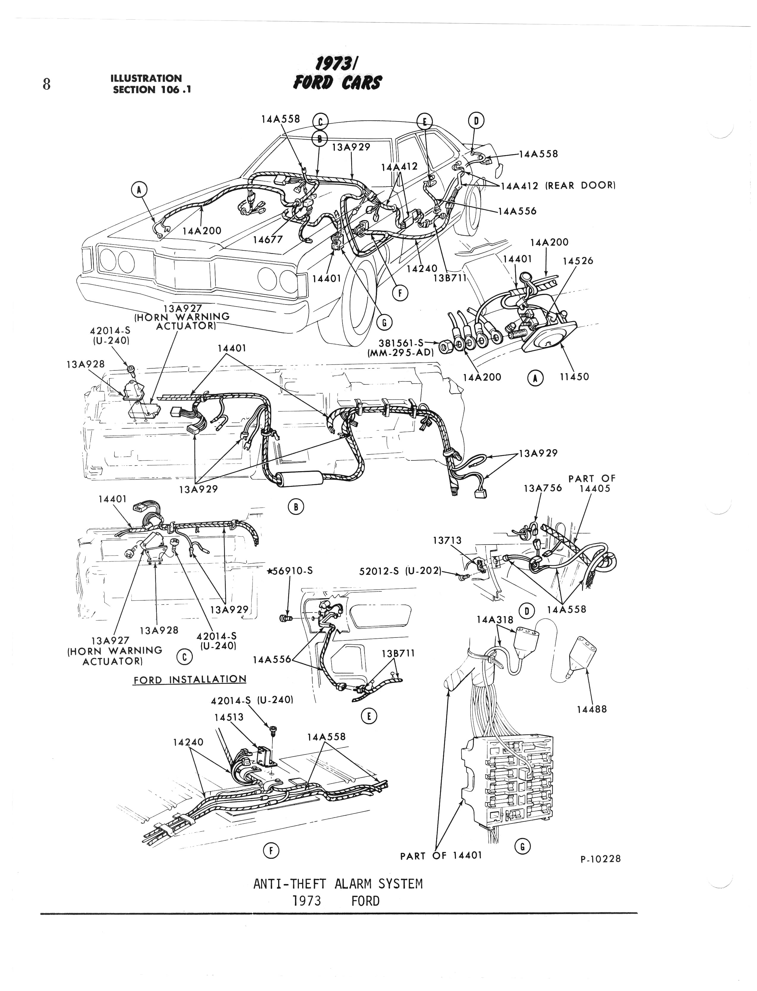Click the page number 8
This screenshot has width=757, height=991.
46,84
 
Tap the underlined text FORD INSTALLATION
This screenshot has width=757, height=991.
190,679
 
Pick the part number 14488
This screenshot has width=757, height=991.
592,709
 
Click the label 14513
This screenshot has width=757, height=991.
229,717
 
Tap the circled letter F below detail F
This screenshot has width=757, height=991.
271,850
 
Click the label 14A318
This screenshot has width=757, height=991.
495,620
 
